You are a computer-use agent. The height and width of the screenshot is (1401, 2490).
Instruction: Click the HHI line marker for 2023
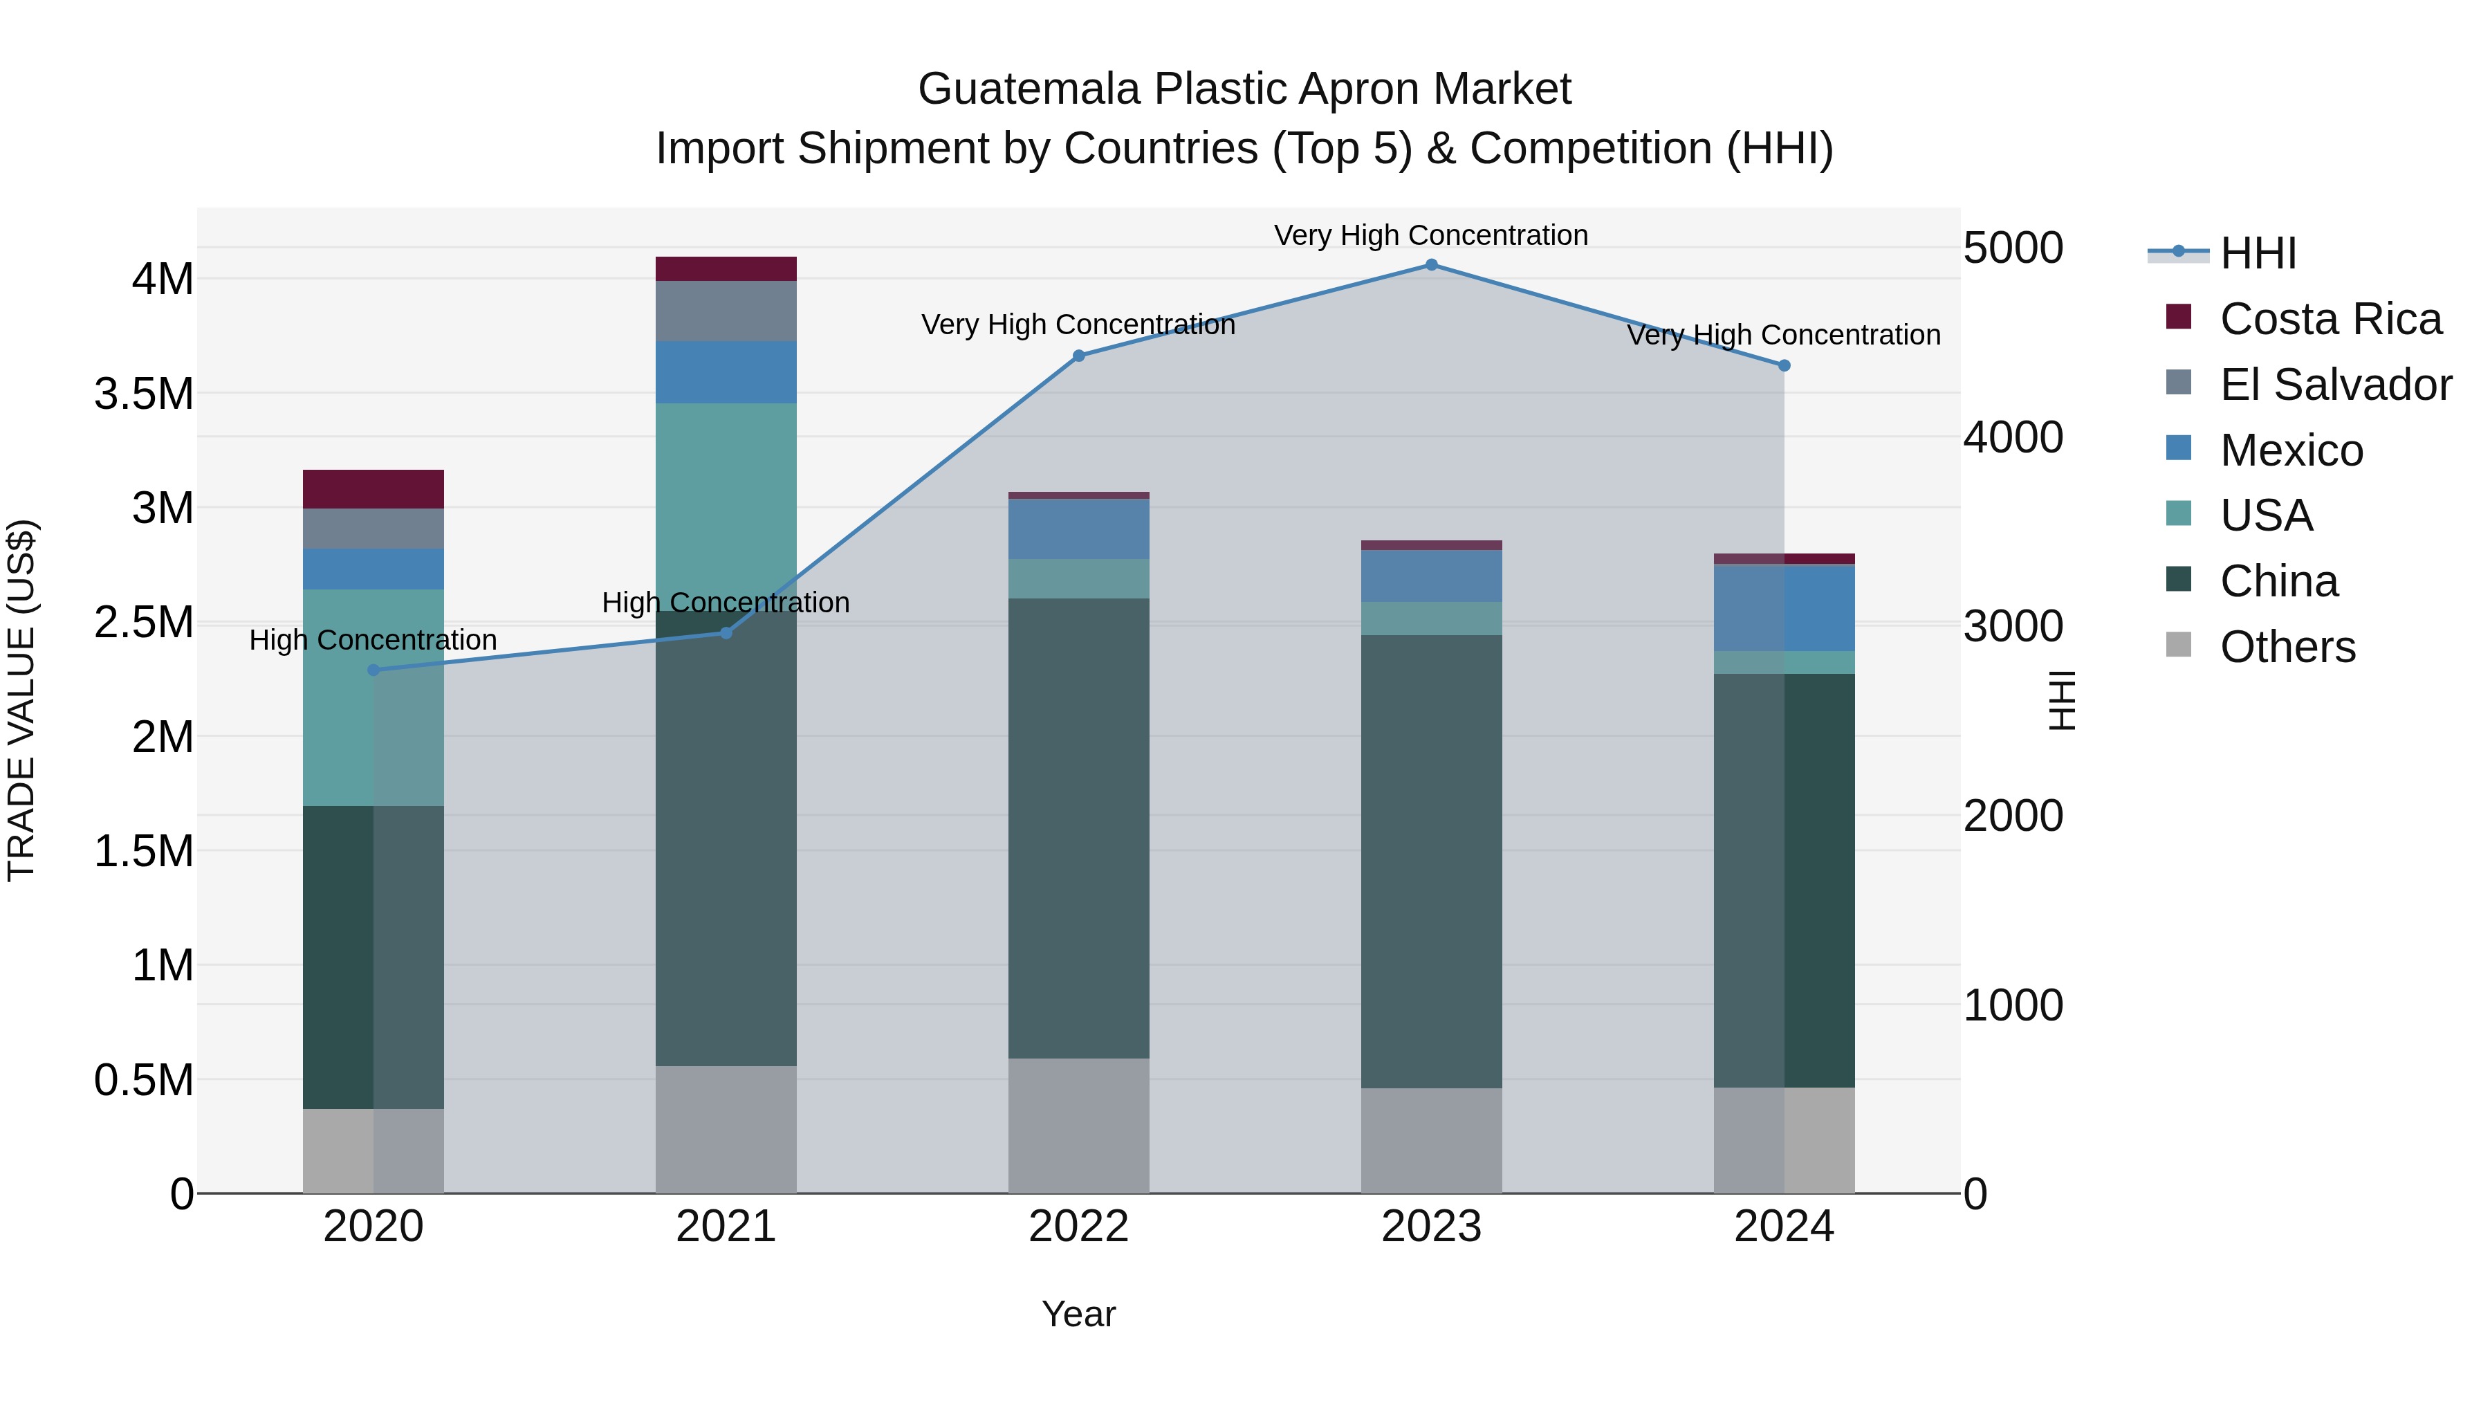click(x=1432, y=265)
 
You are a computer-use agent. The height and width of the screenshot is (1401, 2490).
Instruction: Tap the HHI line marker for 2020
click(x=374, y=670)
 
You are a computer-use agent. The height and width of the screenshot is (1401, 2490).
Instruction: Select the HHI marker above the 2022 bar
click(x=1080, y=356)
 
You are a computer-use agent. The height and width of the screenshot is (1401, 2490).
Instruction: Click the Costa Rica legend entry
click(x=2330, y=319)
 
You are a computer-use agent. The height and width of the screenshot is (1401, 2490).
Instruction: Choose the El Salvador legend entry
click(x=2334, y=385)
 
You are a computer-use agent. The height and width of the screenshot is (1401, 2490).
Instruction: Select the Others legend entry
click(x=2287, y=647)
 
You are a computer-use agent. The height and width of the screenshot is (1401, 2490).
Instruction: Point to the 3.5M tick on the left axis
click(x=144, y=394)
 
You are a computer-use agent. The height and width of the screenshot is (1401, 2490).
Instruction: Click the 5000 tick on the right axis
click(x=2013, y=248)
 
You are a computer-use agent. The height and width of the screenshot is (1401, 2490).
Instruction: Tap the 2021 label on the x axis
click(x=726, y=1227)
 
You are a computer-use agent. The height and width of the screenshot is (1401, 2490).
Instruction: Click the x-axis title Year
click(x=1079, y=1314)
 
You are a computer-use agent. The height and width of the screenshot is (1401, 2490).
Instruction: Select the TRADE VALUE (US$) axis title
click(x=21, y=700)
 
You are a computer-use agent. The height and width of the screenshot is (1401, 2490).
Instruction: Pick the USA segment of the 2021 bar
click(x=726, y=503)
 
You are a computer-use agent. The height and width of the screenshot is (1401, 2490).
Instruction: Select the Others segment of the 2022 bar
click(x=1079, y=1126)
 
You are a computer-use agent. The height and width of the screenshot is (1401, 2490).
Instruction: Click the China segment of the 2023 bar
click(x=1432, y=861)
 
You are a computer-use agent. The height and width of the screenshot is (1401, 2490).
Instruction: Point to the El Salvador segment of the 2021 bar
click(x=726, y=311)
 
